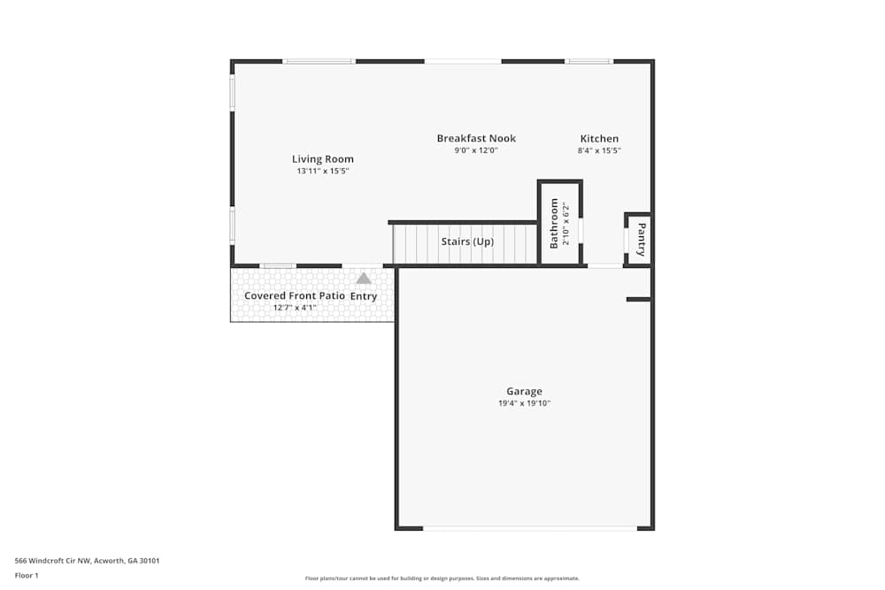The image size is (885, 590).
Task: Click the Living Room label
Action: tap(323, 159)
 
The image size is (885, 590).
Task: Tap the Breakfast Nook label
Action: tap(476, 138)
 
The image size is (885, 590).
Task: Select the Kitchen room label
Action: tap(599, 138)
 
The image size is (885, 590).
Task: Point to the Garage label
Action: tap(524, 391)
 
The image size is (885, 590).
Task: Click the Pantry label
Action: tap(642, 240)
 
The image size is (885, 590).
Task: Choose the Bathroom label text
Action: tap(555, 223)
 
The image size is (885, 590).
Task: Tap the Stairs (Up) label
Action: tap(467, 241)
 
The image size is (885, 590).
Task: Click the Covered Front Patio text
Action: tap(295, 295)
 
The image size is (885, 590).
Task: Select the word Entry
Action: tap(364, 296)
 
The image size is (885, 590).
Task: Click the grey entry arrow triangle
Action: tap(364, 278)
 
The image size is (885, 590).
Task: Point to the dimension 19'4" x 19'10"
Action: tap(524, 403)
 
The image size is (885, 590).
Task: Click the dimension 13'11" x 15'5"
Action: tap(323, 171)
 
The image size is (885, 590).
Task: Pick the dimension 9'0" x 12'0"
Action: tap(476, 150)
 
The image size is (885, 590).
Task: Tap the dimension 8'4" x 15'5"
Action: tap(599, 150)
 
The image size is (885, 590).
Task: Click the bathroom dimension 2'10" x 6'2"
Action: tap(566, 225)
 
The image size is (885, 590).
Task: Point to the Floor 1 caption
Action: tap(27, 575)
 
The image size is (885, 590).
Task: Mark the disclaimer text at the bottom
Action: tap(442, 579)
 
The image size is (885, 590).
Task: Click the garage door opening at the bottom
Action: tap(529, 528)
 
